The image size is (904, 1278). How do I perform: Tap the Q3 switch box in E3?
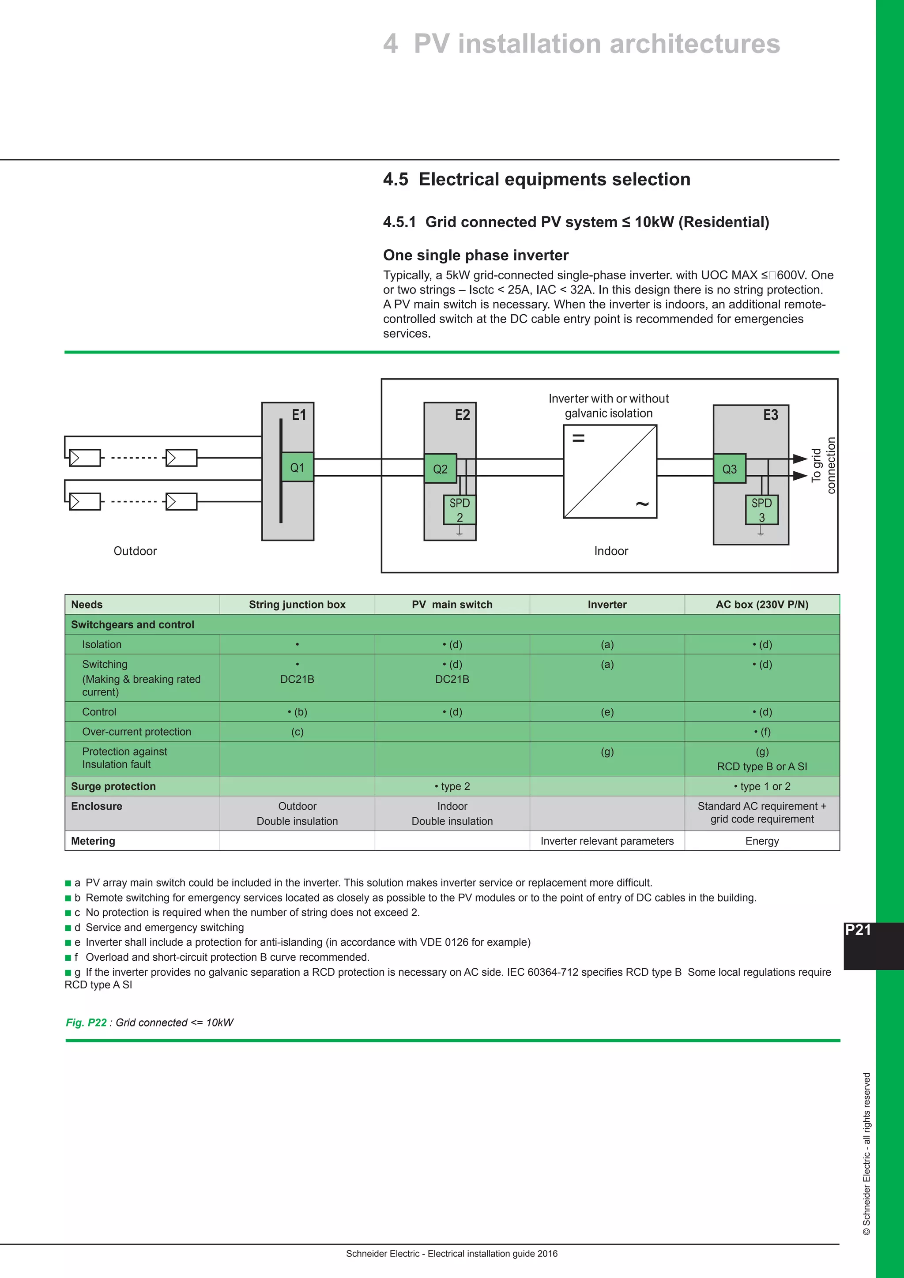(729, 469)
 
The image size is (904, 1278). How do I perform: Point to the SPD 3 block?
(761, 510)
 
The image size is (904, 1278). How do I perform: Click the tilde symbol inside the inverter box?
(642, 504)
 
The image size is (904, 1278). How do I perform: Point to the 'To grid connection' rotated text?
(823, 465)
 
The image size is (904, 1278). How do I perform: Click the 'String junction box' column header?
(297, 605)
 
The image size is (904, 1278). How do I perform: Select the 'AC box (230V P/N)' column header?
(761, 605)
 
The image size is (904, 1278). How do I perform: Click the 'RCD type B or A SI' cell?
(761, 767)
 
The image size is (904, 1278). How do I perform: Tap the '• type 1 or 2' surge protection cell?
(761, 786)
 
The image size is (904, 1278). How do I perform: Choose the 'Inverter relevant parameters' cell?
(607, 841)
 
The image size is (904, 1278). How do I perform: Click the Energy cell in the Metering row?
(761, 841)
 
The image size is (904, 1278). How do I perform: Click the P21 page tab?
(858, 930)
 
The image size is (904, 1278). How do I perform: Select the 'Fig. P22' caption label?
(86, 1022)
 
